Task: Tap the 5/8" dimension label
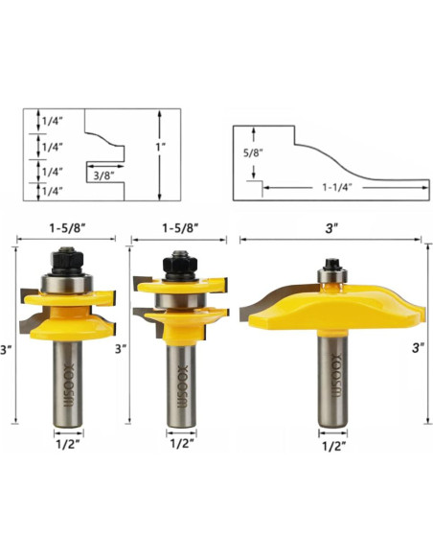pyautogui.click(x=253, y=153)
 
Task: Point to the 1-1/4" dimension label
pyautogui.click(x=337, y=187)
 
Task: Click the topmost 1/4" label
pyautogui.click(x=53, y=121)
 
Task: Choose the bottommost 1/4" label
pyautogui.click(x=53, y=191)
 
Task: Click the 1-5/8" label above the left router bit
pyautogui.click(x=67, y=228)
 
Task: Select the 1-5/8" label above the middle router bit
pyautogui.click(x=180, y=228)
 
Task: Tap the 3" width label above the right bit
pyautogui.click(x=331, y=228)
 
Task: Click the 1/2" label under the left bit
pyautogui.click(x=68, y=445)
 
